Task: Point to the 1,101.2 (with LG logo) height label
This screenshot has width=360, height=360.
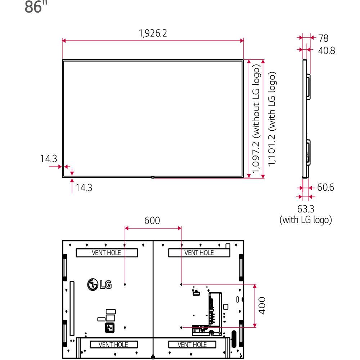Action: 273,119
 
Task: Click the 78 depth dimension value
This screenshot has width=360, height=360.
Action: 324,38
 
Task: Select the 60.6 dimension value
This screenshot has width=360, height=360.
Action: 325,188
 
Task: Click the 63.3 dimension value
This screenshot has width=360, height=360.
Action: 306,209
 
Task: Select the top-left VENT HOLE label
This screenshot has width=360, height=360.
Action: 107,253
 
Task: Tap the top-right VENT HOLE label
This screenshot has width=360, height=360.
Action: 199,253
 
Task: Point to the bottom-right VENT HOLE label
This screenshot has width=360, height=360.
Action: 192,345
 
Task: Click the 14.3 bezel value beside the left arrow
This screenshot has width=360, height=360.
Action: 49,159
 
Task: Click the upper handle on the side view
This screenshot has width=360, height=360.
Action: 309,86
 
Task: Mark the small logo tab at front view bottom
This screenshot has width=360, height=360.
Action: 153,177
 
